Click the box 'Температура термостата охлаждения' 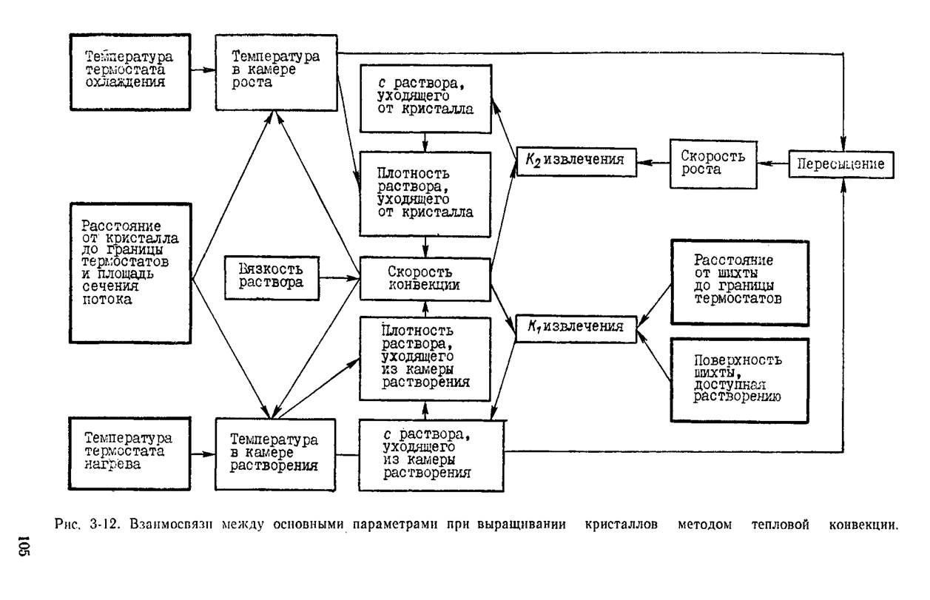[130, 73]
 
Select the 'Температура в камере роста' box [276, 73]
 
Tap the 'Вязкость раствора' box [272, 278]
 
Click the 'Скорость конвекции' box [425, 279]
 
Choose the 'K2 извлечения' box [576, 162]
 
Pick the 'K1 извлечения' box [576, 329]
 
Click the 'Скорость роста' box [713, 164]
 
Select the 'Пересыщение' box [841, 165]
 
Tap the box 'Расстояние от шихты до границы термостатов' [740, 283]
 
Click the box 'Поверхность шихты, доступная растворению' [740, 380]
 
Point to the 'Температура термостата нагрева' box [129, 454]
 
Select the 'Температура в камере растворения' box [275, 455]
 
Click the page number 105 [24, 545]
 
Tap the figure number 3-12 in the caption [104, 525]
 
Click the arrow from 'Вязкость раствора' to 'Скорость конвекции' [339, 278]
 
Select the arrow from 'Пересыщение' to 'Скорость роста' [773, 164]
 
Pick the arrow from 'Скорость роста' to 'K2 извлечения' [653, 163]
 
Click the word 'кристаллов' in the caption [621, 525]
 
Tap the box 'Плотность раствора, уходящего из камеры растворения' [425, 359]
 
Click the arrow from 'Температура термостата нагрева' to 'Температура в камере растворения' [203, 454]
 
